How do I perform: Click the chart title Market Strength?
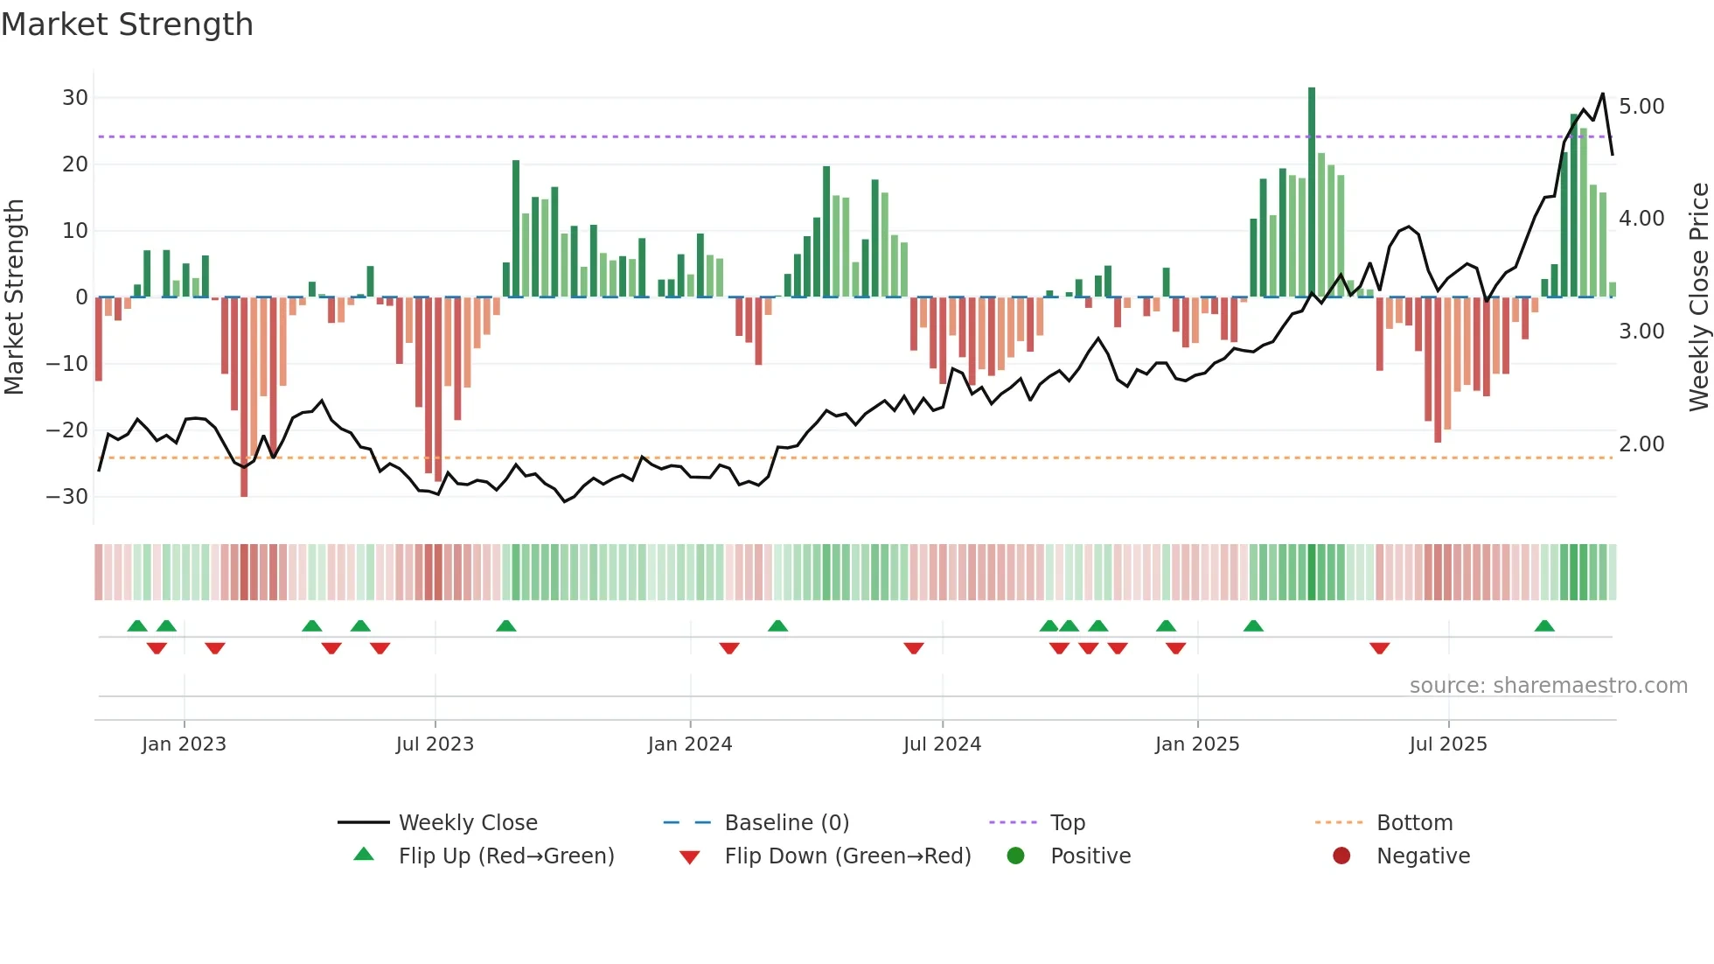(127, 24)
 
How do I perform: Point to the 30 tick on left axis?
(75, 98)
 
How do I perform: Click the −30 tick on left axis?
(68, 497)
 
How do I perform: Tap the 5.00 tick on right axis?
(1641, 107)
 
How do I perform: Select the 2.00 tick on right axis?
(1641, 444)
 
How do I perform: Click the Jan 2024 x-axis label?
(690, 744)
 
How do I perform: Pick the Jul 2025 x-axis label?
(1448, 744)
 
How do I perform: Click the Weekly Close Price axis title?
(1698, 297)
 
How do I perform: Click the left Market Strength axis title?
(14, 297)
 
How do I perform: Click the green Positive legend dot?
(1015, 856)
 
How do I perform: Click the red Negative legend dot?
(1341, 856)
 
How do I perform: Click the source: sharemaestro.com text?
(1548, 686)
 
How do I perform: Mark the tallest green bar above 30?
(1312, 192)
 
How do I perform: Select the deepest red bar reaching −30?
(244, 398)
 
